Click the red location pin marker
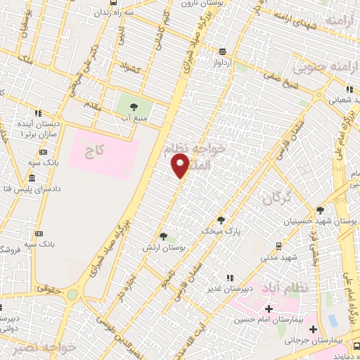click(x=181, y=165)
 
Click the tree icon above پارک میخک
click(x=221, y=220)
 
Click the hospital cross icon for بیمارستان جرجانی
click(x=314, y=329)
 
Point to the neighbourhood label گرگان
click(x=276, y=198)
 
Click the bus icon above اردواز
click(x=223, y=51)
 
